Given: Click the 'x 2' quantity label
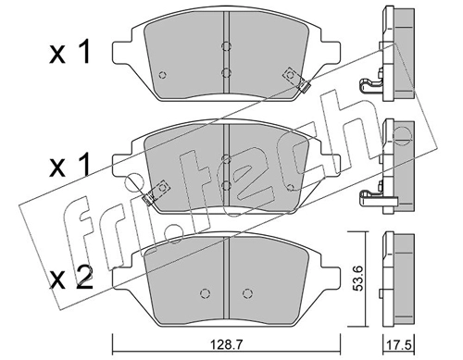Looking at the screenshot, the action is click(x=71, y=278).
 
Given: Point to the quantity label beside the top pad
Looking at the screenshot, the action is click(x=70, y=52).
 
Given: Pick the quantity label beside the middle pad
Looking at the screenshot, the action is click(x=70, y=165).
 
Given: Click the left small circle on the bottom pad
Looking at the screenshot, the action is click(x=205, y=293).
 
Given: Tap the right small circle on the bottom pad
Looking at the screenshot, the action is click(x=247, y=293).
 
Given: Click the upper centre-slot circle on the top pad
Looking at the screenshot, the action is click(x=226, y=46).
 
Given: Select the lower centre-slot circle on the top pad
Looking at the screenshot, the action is click(x=226, y=72).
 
